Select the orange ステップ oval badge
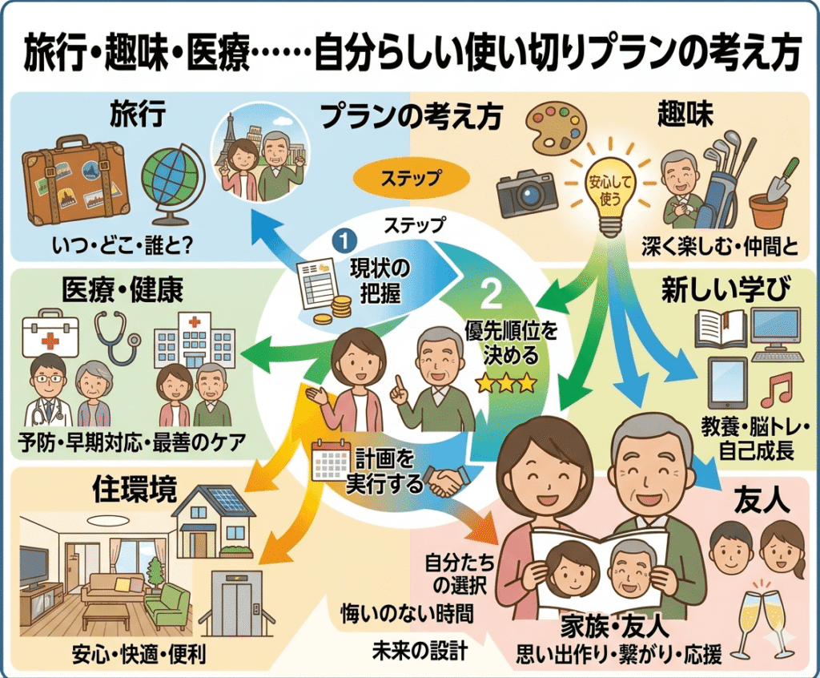tap(408, 177)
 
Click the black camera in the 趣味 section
tap(526, 193)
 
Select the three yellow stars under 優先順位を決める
tap(505, 384)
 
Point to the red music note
tap(775, 389)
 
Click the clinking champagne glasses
tap(760, 618)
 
